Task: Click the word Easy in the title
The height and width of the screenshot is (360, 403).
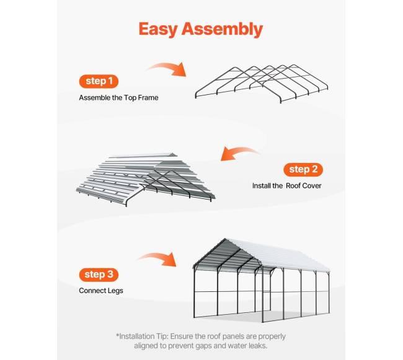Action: [x=158, y=29]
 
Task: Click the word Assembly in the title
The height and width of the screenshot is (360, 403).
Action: [x=223, y=29]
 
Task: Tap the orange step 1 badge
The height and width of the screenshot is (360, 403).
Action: [x=99, y=81]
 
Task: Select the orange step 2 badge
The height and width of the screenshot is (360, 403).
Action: [x=303, y=170]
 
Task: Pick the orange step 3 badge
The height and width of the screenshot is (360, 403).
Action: [x=99, y=274]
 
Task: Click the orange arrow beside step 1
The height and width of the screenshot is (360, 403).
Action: [x=167, y=69]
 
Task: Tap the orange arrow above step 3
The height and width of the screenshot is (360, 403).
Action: [x=157, y=259]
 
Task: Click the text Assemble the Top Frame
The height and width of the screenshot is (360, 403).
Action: [x=118, y=97]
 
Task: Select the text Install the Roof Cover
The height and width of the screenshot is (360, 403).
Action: [x=287, y=186]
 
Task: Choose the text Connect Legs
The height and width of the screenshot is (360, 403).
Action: [x=101, y=291]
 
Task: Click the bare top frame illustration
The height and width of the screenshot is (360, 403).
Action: [x=262, y=84]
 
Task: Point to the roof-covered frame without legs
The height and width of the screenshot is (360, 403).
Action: [x=146, y=179]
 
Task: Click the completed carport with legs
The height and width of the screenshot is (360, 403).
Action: [x=261, y=280]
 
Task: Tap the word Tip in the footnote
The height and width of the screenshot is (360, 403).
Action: [x=162, y=336]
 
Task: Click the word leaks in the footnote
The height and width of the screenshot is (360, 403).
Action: [x=258, y=346]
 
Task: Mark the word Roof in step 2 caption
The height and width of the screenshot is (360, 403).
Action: [x=293, y=186]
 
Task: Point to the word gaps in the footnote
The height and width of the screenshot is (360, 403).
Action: [x=203, y=346]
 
